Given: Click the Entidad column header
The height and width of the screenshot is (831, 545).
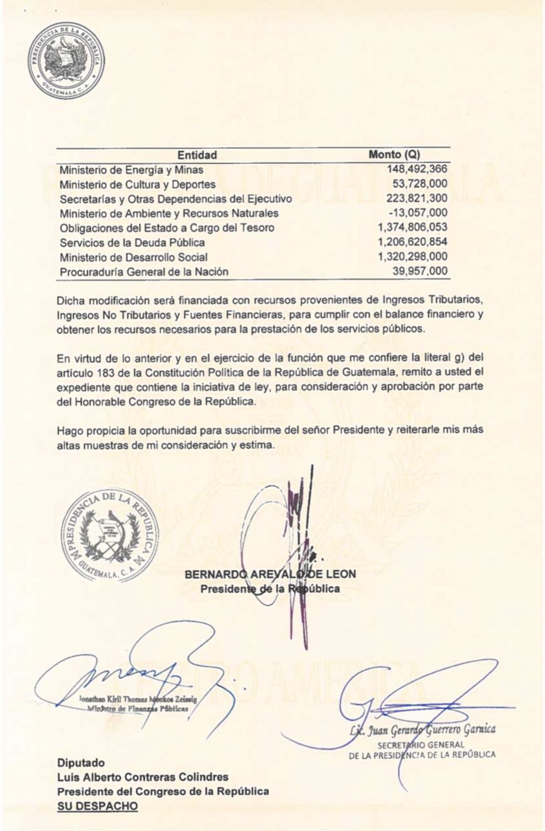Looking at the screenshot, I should [197, 155].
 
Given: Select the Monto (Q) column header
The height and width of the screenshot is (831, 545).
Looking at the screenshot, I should [394, 155].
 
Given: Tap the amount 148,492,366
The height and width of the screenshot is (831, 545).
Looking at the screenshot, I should [417, 169].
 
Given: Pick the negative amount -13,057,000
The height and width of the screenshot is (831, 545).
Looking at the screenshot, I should [418, 212].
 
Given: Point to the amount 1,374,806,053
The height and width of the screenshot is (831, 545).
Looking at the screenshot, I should [413, 227].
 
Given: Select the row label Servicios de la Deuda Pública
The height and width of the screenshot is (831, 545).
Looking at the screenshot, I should [132, 243].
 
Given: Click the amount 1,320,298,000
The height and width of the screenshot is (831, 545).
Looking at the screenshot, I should [413, 257].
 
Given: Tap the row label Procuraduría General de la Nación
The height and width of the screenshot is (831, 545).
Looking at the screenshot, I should [144, 272].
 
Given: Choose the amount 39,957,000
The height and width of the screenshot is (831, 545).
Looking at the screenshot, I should [420, 271].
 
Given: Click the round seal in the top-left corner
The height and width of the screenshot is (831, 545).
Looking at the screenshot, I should [66, 59].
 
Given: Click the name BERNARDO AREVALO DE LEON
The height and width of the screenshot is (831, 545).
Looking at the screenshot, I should [270, 574].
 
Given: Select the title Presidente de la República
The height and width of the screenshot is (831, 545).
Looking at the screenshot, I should [270, 588].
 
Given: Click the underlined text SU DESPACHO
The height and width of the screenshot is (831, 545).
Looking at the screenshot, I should [97, 806].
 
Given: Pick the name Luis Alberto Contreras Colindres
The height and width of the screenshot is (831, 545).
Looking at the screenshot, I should [143, 777].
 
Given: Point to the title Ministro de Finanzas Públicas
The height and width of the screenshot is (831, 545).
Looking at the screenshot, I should [138, 708].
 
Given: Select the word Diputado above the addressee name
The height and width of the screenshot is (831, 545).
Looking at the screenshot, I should [81, 763].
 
